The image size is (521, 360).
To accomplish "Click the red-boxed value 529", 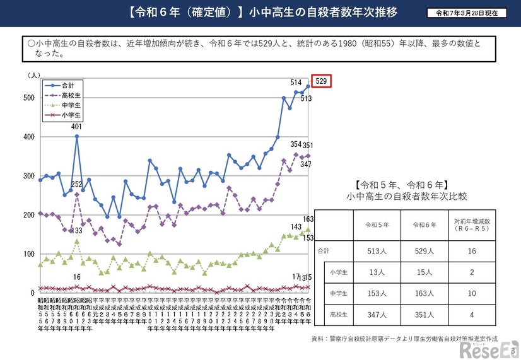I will pos(321,81).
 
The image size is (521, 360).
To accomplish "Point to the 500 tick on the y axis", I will pos(29,98).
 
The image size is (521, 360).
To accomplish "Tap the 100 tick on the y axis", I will pos(29,254).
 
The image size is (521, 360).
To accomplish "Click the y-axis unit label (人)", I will pos(33,75).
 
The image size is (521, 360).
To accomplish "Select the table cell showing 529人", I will pos(426,250).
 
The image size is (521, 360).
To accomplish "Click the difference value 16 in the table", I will pos(472,250).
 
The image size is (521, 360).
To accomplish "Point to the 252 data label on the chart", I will pos(76,185).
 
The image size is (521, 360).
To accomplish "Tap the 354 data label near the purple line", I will pos(296,145).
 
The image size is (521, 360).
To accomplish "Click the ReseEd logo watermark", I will pos(488,346).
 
